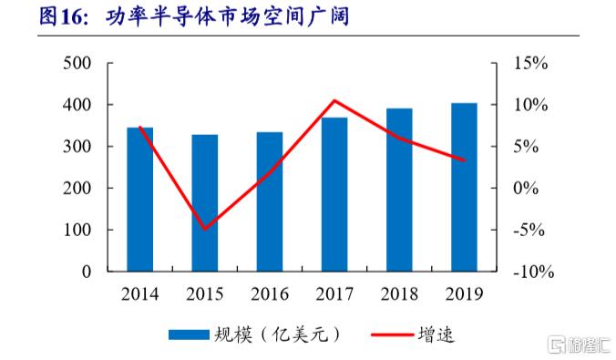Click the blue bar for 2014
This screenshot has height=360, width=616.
tap(139, 200)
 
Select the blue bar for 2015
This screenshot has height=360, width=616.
tap(204, 203)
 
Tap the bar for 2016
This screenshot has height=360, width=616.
tap(270, 202)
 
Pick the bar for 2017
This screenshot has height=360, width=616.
tap(334, 194)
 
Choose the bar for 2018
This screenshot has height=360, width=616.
tap(399, 190)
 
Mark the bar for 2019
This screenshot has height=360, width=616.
tap(464, 187)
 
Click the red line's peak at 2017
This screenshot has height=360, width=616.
tap(334, 100)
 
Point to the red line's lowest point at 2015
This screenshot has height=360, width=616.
tap(204, 229)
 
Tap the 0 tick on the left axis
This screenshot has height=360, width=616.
tap(87, 272)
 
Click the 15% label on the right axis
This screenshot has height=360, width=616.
tap(529, 64)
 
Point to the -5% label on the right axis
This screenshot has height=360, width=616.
tap(529, 230)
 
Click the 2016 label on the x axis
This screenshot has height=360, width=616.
tap(270, 294)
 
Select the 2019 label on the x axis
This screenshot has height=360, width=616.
tap(464, 294)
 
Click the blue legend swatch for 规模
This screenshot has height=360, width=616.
tap(190, 335)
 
